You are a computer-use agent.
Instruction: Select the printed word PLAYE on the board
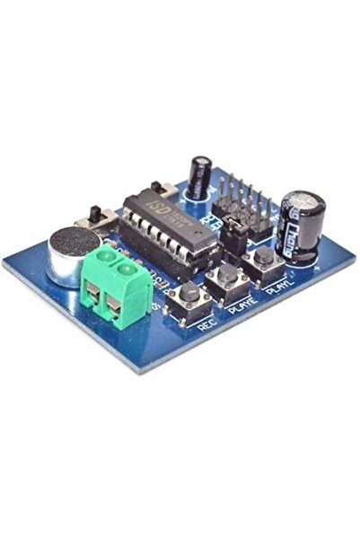(241, 305)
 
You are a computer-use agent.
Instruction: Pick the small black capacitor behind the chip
(201, 176)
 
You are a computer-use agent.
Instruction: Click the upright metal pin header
(241, 203)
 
